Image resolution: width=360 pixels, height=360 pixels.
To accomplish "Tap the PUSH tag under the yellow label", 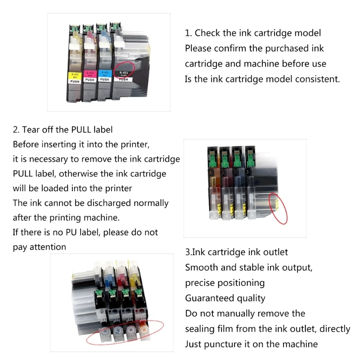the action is pyautogui.click(x=75, y=81).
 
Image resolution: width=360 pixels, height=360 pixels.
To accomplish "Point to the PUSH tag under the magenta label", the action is pyautogui.click(x=90, y=80).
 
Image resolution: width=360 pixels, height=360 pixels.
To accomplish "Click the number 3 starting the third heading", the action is pyautogui.click(x=188, y=252).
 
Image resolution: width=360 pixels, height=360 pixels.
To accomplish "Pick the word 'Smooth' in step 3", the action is pyautogui.click(x=201, y=268).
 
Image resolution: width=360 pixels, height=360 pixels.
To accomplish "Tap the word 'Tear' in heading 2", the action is pyautogui.click(x=31, y=130).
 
